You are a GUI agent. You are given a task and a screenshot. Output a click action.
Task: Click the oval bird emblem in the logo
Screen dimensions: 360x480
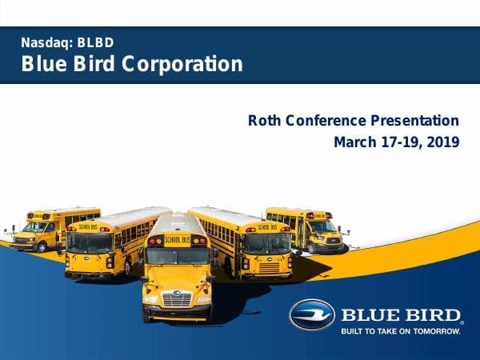pos(312,314)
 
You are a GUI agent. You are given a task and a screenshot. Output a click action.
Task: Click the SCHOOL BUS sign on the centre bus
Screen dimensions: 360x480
pos(177,239)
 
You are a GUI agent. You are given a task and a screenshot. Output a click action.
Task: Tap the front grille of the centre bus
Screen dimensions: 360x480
pos(176,298)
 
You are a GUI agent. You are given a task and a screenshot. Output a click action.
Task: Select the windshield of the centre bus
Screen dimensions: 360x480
pos(177,255)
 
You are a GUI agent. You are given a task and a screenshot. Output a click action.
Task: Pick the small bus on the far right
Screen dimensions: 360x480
pos(315,228)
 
